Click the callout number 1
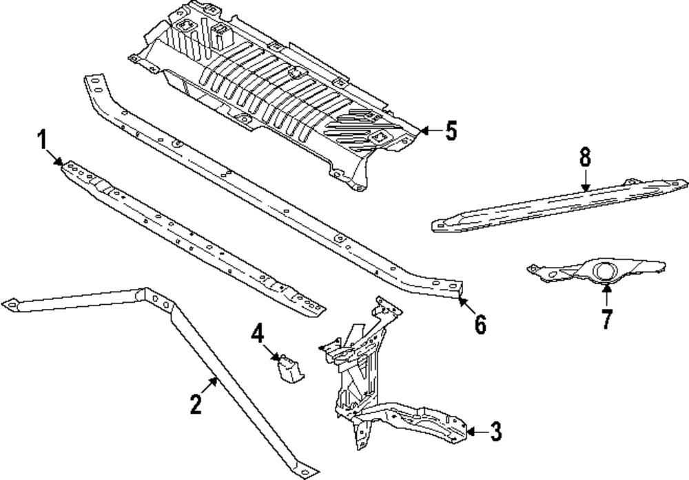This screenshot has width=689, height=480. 42,139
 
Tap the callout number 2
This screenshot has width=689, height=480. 196,404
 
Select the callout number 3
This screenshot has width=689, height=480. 495,431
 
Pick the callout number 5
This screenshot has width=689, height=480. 451,130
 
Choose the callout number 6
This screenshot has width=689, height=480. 480,325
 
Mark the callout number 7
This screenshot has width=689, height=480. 607,319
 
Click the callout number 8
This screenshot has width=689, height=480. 585,157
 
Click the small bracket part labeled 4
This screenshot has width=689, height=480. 289,369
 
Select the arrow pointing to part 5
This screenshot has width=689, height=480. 431,130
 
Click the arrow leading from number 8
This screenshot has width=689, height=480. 585,181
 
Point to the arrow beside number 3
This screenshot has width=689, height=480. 476,432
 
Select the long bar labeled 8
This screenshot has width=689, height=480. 559,205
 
